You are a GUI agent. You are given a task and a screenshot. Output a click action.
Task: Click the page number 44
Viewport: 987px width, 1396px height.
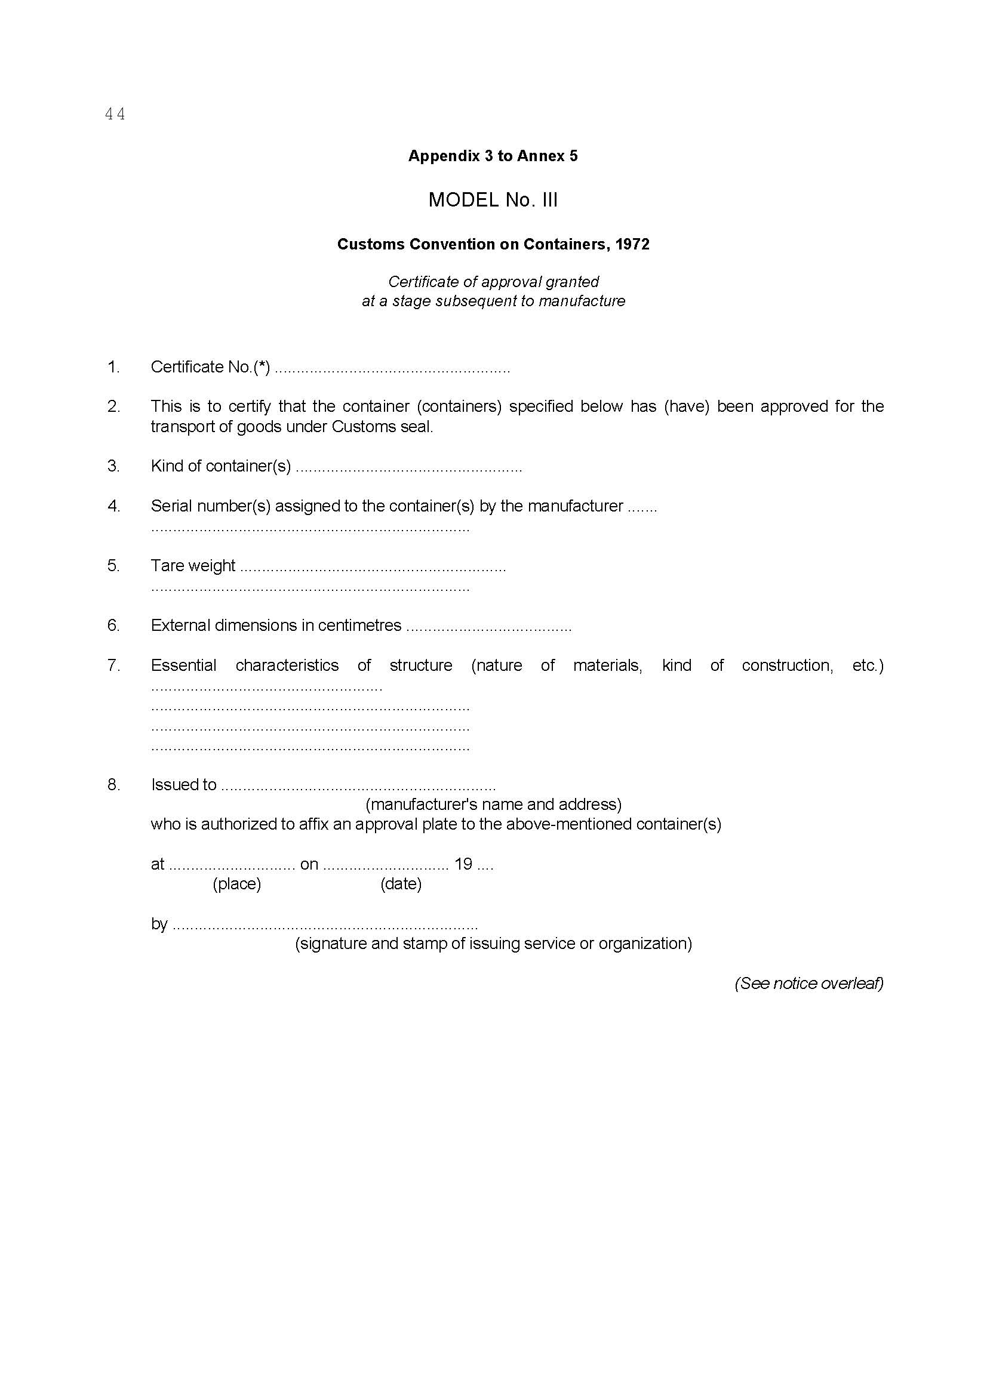pyautogui.click(x=115, y=114)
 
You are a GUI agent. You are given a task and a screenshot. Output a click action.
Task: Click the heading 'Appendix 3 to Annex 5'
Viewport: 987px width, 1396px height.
pyautogui.click(x=493, y=156)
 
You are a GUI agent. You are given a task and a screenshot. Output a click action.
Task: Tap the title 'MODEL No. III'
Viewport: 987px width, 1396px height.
pyautogui.click(x=493, y=200)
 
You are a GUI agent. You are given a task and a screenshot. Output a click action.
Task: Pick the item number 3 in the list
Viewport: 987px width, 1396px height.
pyautogui.click(x=113, y=466)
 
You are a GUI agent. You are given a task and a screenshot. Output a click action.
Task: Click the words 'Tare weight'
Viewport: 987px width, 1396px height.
pyautogui.click(x=193, y=565)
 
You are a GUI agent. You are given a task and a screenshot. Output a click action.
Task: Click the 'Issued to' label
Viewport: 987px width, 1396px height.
pyautogui.click(x=184, y=784)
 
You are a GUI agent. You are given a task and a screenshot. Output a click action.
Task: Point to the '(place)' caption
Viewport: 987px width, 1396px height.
pyautogui.click(x=236, y=883)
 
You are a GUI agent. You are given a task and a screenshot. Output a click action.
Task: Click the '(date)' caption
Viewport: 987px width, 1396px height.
pyautogui.click(x=401, y=883)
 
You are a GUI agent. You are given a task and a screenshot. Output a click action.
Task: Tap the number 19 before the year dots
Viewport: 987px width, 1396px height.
pyautogui.click(x=463, y=864)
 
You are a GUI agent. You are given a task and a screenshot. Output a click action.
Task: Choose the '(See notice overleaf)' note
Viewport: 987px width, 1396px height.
pyautogui.click(x=809, y=983)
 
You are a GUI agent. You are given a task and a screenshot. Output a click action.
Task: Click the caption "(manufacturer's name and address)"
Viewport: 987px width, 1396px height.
pyautogui.click(x=493, y=805)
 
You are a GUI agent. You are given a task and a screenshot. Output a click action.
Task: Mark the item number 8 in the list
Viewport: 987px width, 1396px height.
pyautogui.click(x=113, y=784)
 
